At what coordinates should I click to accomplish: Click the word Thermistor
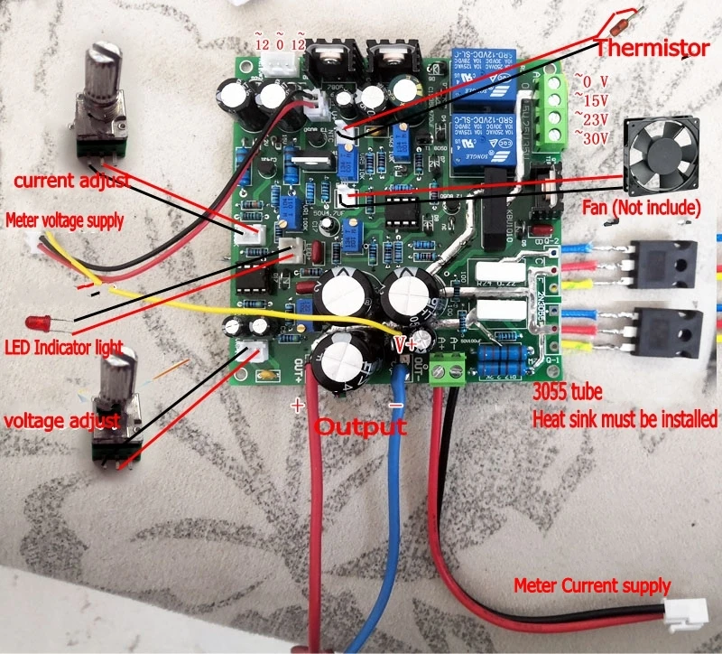coord(653,46)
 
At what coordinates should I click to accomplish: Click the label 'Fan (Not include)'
coord(641,209)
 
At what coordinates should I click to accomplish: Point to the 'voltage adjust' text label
coord(61,421)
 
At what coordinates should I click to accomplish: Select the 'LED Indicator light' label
coord(63,348)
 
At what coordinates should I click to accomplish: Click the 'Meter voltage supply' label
coord(65,220)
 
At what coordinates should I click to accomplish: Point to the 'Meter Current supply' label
coord(592,585)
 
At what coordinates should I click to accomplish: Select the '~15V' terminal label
coord(593,99)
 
